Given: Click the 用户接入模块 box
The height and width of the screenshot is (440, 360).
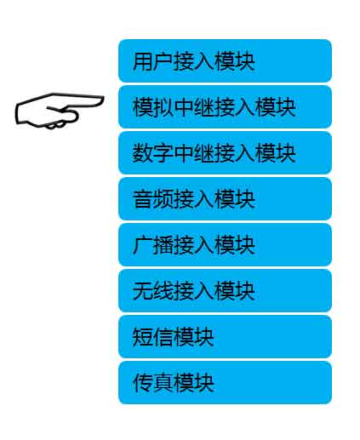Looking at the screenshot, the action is (x=225, y=61).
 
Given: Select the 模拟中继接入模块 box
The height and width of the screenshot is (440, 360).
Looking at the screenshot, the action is (x=225, y=107).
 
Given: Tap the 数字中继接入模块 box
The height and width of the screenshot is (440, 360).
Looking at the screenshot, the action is (x=225, y=153).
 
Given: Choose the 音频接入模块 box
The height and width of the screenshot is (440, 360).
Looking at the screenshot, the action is (x=225, y=199).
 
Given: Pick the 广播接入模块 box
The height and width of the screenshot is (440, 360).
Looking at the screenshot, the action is (x=225, y=245).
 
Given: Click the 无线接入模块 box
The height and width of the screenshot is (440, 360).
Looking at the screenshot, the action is (x=225, y=291).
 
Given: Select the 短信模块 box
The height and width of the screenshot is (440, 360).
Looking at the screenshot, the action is (x=225, y=337).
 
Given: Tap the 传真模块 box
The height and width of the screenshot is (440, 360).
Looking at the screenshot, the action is (x=225, y=383).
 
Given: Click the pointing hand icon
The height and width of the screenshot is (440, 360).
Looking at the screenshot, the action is (x=60, y=111).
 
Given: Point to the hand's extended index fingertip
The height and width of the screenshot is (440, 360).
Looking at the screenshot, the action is (x=103, y=100).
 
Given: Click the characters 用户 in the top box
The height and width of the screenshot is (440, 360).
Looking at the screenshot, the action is (x=152, y=61).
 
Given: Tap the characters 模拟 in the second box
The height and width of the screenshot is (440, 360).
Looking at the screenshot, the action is (x=152, y=107).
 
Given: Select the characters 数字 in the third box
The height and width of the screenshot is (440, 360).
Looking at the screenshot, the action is (x=152, y=153).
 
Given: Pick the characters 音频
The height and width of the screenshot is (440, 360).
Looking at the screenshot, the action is (x=152, y=199).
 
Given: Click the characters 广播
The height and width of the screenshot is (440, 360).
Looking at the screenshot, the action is (x=152, y=245).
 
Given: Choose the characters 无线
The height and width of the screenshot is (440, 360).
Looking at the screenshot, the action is (x=152, y=291).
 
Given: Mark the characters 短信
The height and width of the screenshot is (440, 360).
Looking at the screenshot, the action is (x=152, y=337).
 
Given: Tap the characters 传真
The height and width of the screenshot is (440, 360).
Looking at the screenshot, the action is (x=152, y=383).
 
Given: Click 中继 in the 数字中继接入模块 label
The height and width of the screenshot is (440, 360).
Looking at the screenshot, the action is (x=194, y=153).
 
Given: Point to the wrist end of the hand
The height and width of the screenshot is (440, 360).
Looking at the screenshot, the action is (x=16, y=113).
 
